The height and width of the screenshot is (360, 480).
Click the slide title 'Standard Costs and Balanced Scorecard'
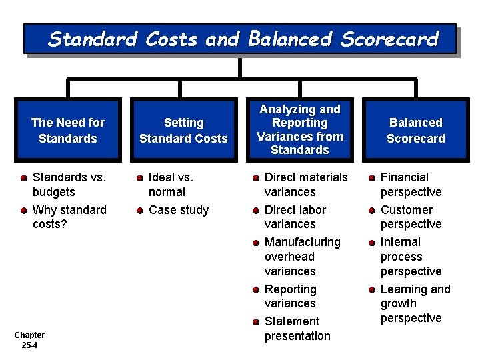tap(243, 39)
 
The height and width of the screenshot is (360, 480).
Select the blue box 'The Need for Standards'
tap(68, 131)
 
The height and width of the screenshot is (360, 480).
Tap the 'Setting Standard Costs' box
tap(183, 131)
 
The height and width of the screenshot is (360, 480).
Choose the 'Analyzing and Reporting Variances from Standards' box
tap(300, 129)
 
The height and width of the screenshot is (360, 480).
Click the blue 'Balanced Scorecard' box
tap(415, 131)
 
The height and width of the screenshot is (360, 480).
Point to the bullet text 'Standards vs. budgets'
tap(69, 185)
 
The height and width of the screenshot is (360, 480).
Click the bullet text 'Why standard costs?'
tap(69, 217)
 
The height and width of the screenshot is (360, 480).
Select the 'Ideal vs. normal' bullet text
tap(171, 185)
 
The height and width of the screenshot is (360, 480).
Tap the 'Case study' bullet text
tap(179, 210)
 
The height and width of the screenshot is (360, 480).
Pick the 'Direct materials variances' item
tap(306, 185)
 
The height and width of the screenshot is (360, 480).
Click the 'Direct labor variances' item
tap(295, 217)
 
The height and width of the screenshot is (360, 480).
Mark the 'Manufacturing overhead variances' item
tap(302, 257)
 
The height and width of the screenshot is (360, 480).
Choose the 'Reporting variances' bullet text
tap(291, 296)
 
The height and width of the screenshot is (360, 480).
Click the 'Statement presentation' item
tap(297, 329)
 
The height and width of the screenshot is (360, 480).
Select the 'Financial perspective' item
tap(411, 185)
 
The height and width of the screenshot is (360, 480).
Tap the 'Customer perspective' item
tap(411, 217)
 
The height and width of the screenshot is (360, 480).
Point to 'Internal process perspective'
tap(411, 257)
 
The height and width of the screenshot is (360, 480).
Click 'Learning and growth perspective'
tap(415, 303)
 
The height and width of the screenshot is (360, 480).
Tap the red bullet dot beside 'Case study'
tap(141, 211)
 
